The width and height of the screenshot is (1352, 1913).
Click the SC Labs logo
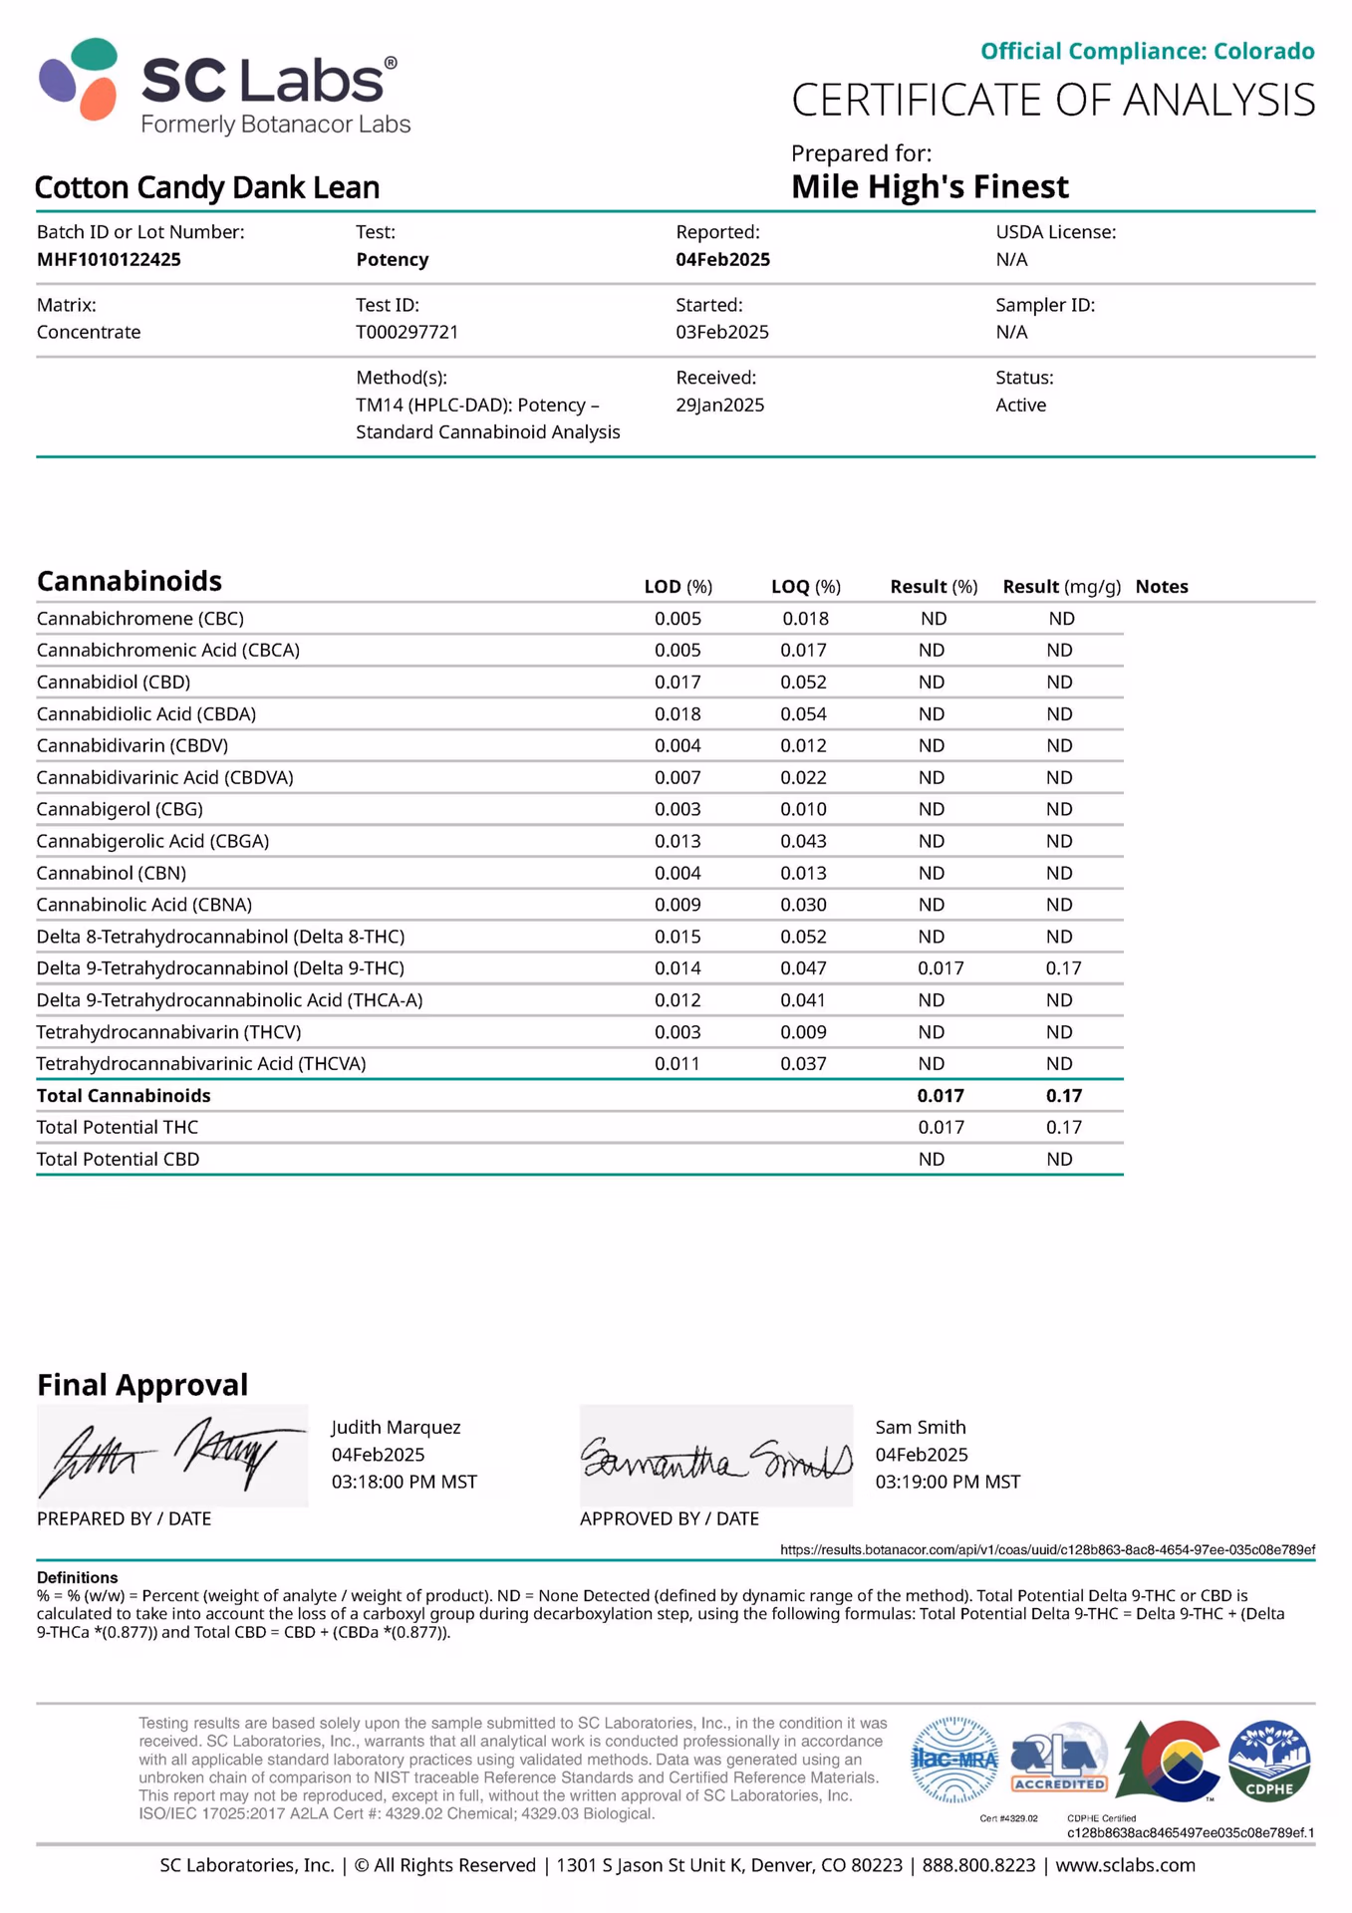(224, 87)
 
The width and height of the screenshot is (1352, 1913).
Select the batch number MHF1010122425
(109, 259)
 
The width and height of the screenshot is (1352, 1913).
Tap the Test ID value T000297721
(406, 332)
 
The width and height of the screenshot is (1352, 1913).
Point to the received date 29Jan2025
(719, 405)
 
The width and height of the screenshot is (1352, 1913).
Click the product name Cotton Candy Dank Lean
(207, 187)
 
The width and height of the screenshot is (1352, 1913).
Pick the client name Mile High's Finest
(929, 186)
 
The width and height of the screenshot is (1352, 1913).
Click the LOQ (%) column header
(805, 587)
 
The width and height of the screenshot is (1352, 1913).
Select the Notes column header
(1161, 587)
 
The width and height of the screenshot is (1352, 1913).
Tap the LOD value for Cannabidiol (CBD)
(677, 682)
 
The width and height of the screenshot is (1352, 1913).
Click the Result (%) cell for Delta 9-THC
(940, 967)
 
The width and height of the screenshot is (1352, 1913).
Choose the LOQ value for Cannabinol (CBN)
(803, 873)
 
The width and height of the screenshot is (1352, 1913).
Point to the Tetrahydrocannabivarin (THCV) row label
(168, 1031)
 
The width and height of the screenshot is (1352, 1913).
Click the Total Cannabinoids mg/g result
(1063, 1095)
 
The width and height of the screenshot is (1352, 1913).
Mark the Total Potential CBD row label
(118, 1159)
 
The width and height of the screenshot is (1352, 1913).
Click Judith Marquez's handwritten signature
(171, 1456)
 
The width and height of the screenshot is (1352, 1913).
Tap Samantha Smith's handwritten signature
(715, 1459)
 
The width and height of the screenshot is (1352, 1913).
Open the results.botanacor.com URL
(1046, 1549)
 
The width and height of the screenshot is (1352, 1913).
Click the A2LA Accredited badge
(1058, 1761)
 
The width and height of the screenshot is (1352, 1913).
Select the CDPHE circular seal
(1268, 1761)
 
